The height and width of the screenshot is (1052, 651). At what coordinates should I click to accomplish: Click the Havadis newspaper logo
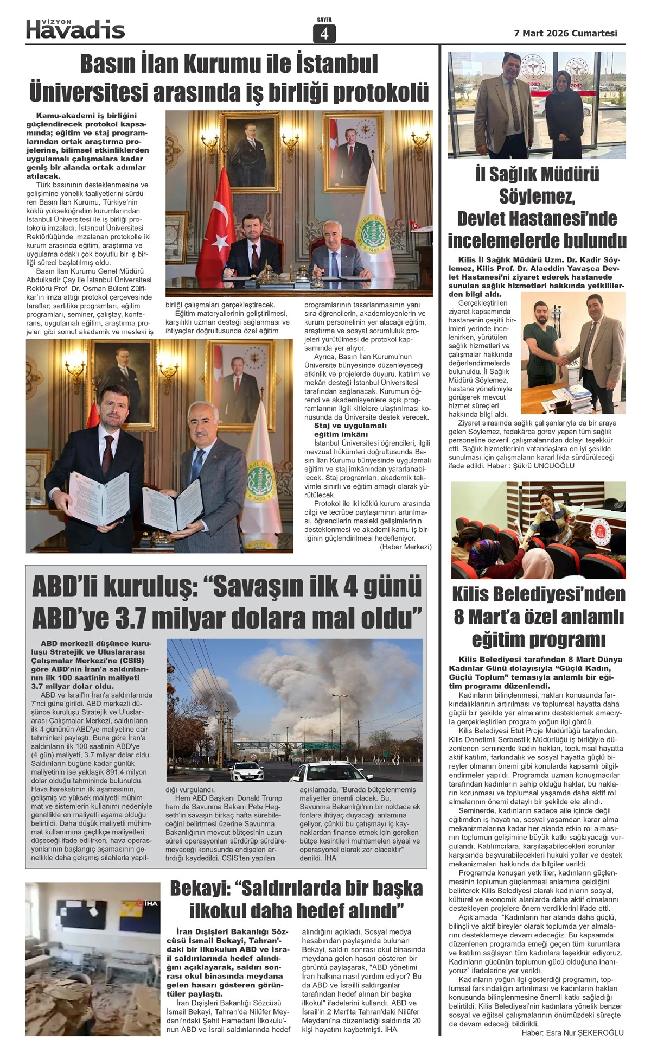click(x=75, y=29)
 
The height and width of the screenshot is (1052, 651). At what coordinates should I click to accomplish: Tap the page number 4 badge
click(x=324, y=34)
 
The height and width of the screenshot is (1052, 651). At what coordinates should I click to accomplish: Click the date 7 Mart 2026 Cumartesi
click(x=565, y=33)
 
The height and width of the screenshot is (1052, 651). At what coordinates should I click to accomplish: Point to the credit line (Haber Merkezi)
click(x=405, y=547)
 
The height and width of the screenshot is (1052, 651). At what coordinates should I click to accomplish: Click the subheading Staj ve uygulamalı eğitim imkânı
click(x=350, y=430)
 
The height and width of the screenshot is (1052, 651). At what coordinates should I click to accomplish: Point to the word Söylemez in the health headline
click(x=537, y=197)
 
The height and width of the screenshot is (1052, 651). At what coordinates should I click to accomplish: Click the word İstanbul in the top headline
click(x=336, y=64)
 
